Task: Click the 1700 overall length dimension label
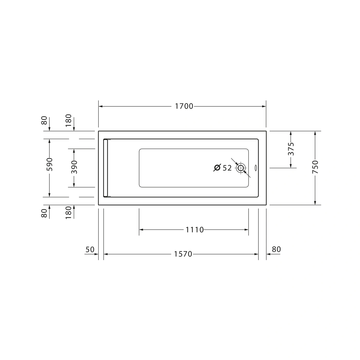coord(184,106)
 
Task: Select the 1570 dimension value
coord(183,254)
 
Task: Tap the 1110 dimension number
coord(194,230)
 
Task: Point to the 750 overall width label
coord(315,167)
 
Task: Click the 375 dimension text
coord(291,149)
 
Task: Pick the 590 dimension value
coord(50,164)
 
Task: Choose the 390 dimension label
coord(74,167)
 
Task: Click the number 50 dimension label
coord(90,250)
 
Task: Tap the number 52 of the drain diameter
coord(227,168)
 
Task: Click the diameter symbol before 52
coord(217,168)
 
